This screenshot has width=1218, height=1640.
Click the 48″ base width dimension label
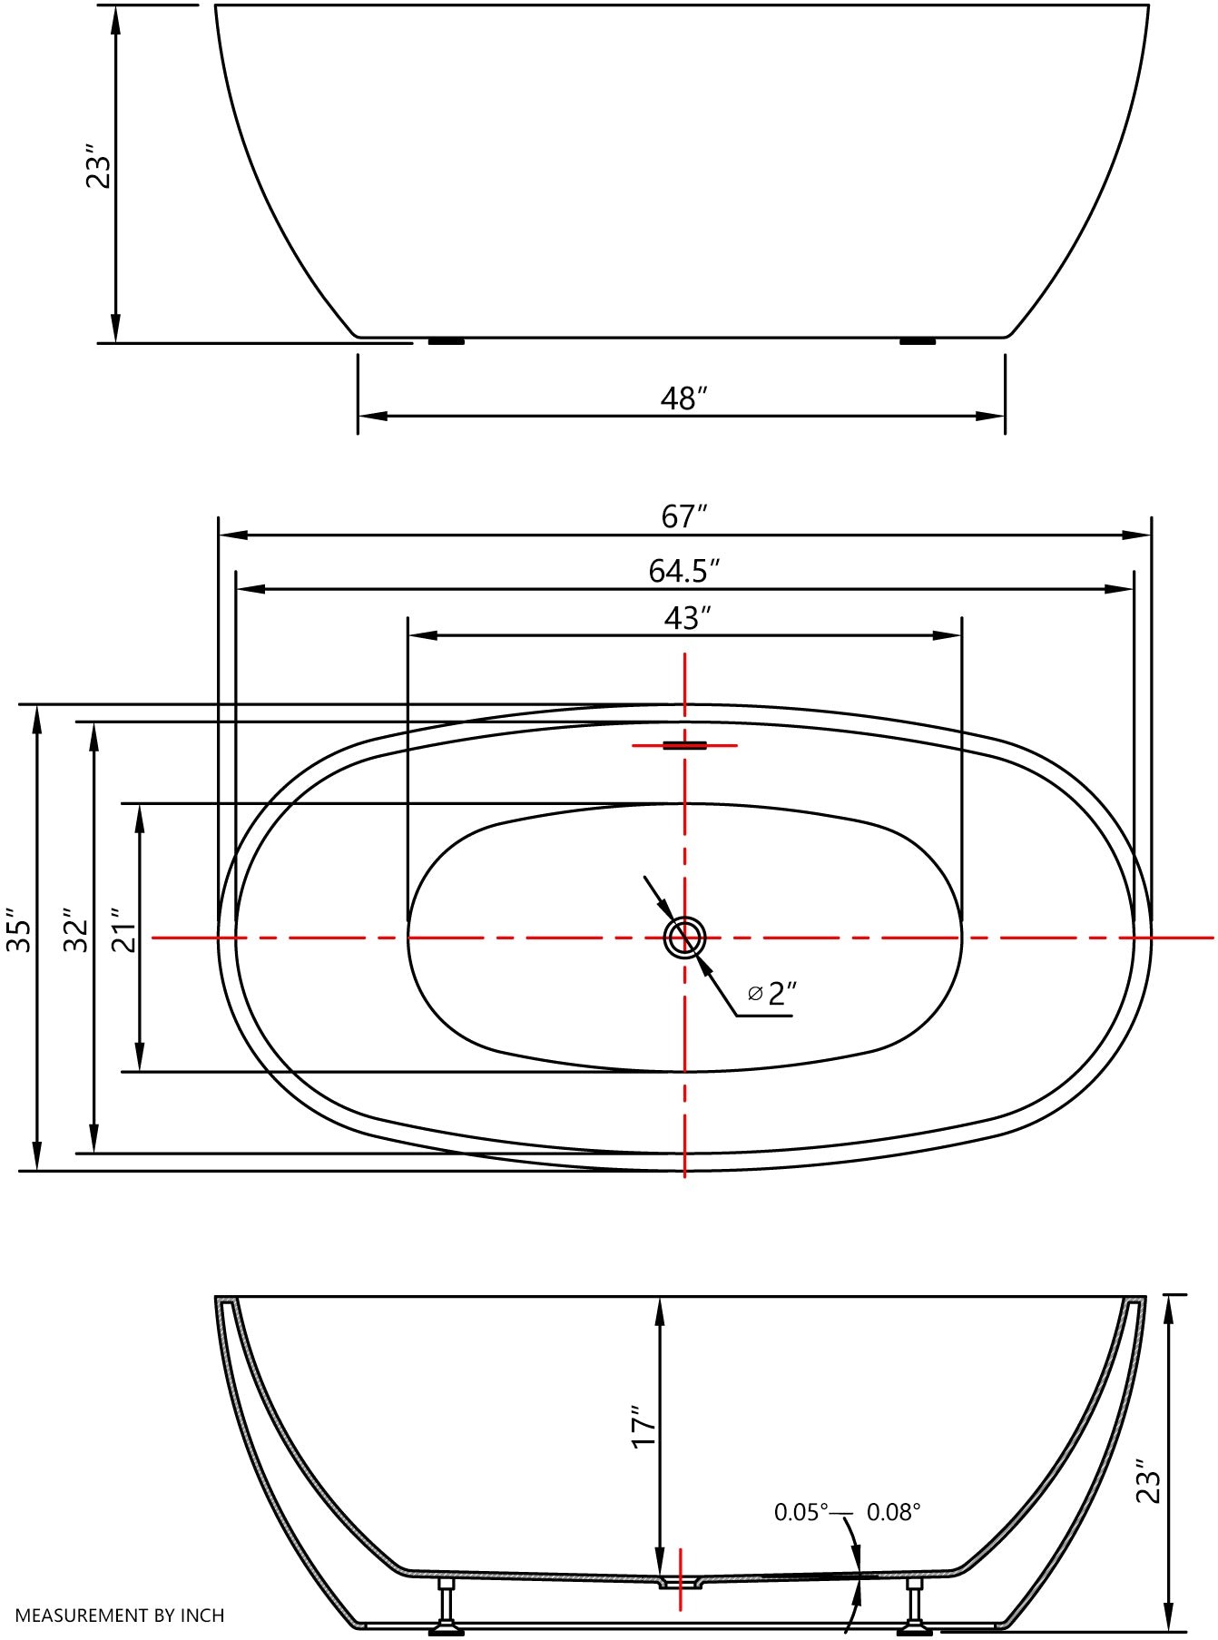click(x=683, y=398)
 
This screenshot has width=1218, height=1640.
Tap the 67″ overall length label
click(x=683, y=516)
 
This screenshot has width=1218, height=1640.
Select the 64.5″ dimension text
click(x=684, y=571)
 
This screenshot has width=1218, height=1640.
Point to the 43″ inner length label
click(x=687, y=618)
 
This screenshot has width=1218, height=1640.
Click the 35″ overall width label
click(x=19, y=930)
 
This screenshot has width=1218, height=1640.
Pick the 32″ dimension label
click(x=76, y=930)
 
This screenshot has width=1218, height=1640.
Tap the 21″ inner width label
click(x=123, y=930)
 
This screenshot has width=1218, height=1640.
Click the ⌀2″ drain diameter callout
click(x=772, y=994)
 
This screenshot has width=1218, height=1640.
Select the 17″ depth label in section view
click(x=643, y=1427)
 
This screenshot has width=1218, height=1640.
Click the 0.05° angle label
click(x=801, y=1512)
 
